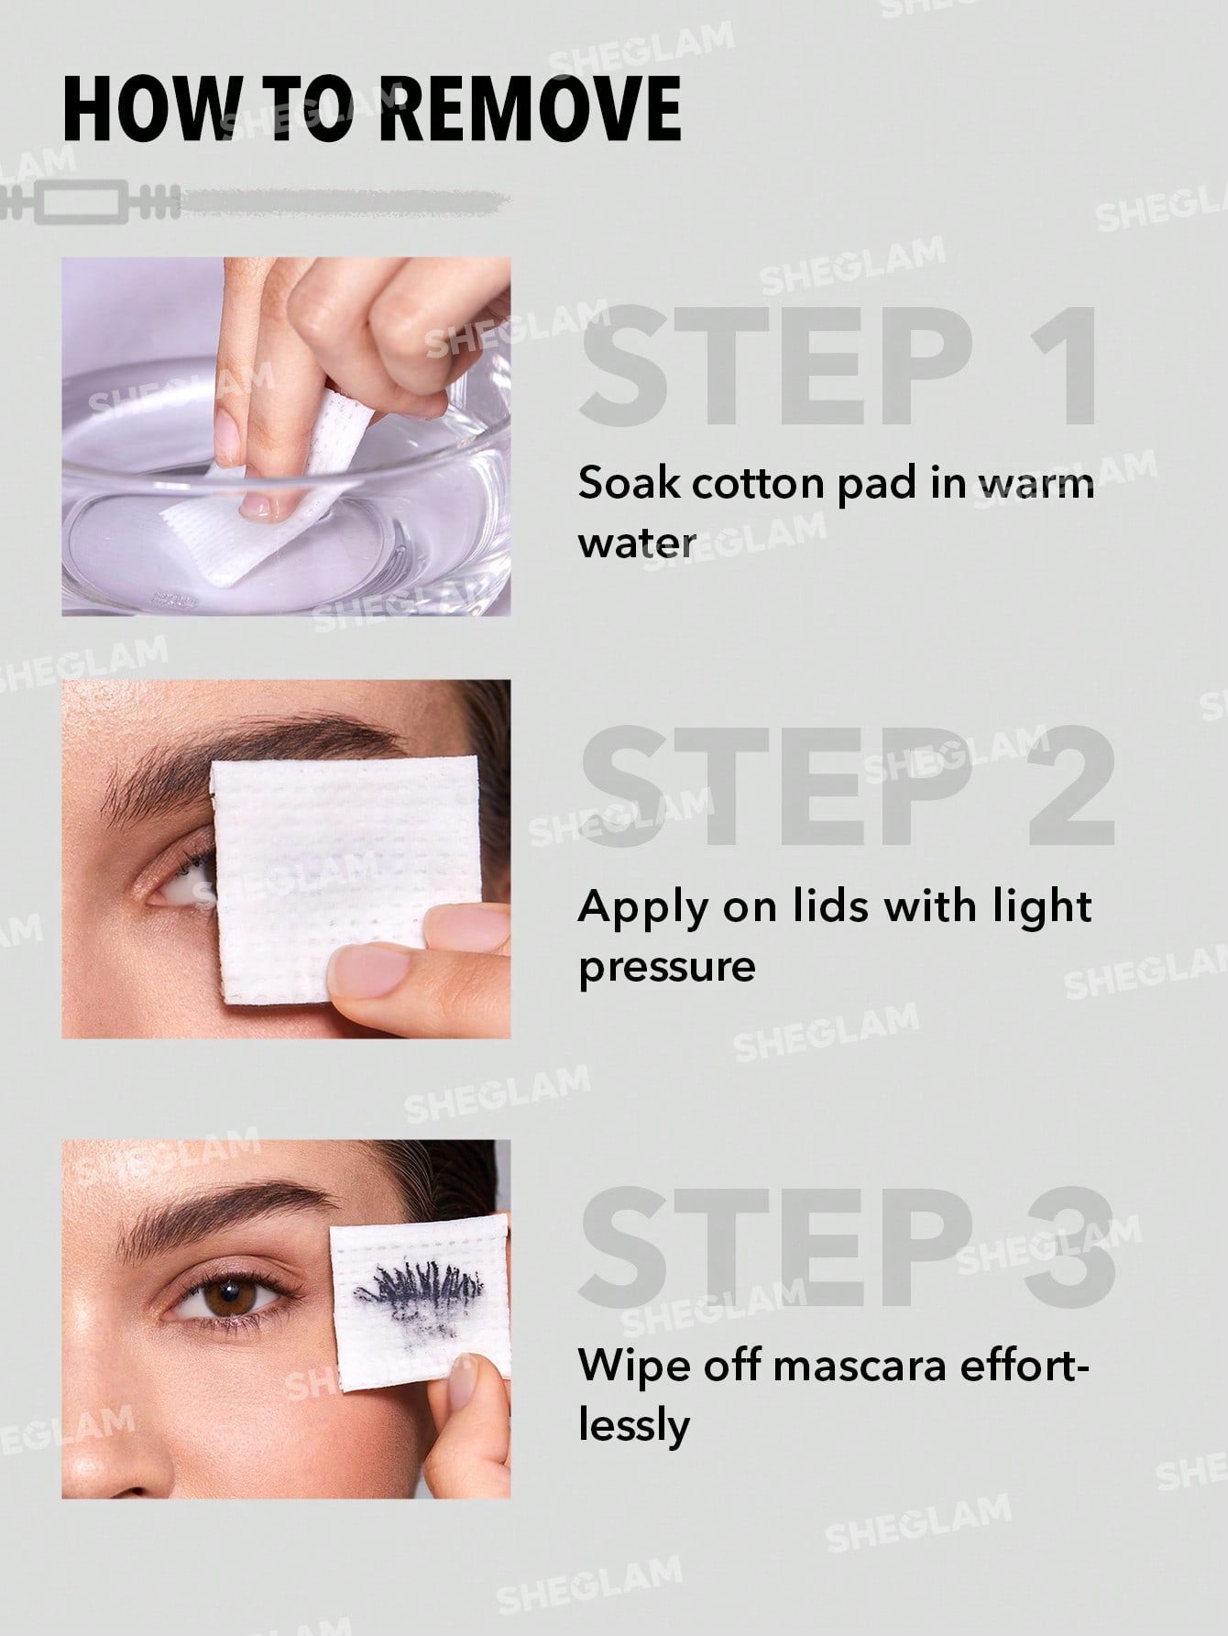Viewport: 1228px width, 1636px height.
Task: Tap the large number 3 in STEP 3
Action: [x=1068, y=1248]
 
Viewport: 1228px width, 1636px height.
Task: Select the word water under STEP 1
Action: [x=636, y=543]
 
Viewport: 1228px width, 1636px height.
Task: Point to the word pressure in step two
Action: [x=667, y=966]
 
